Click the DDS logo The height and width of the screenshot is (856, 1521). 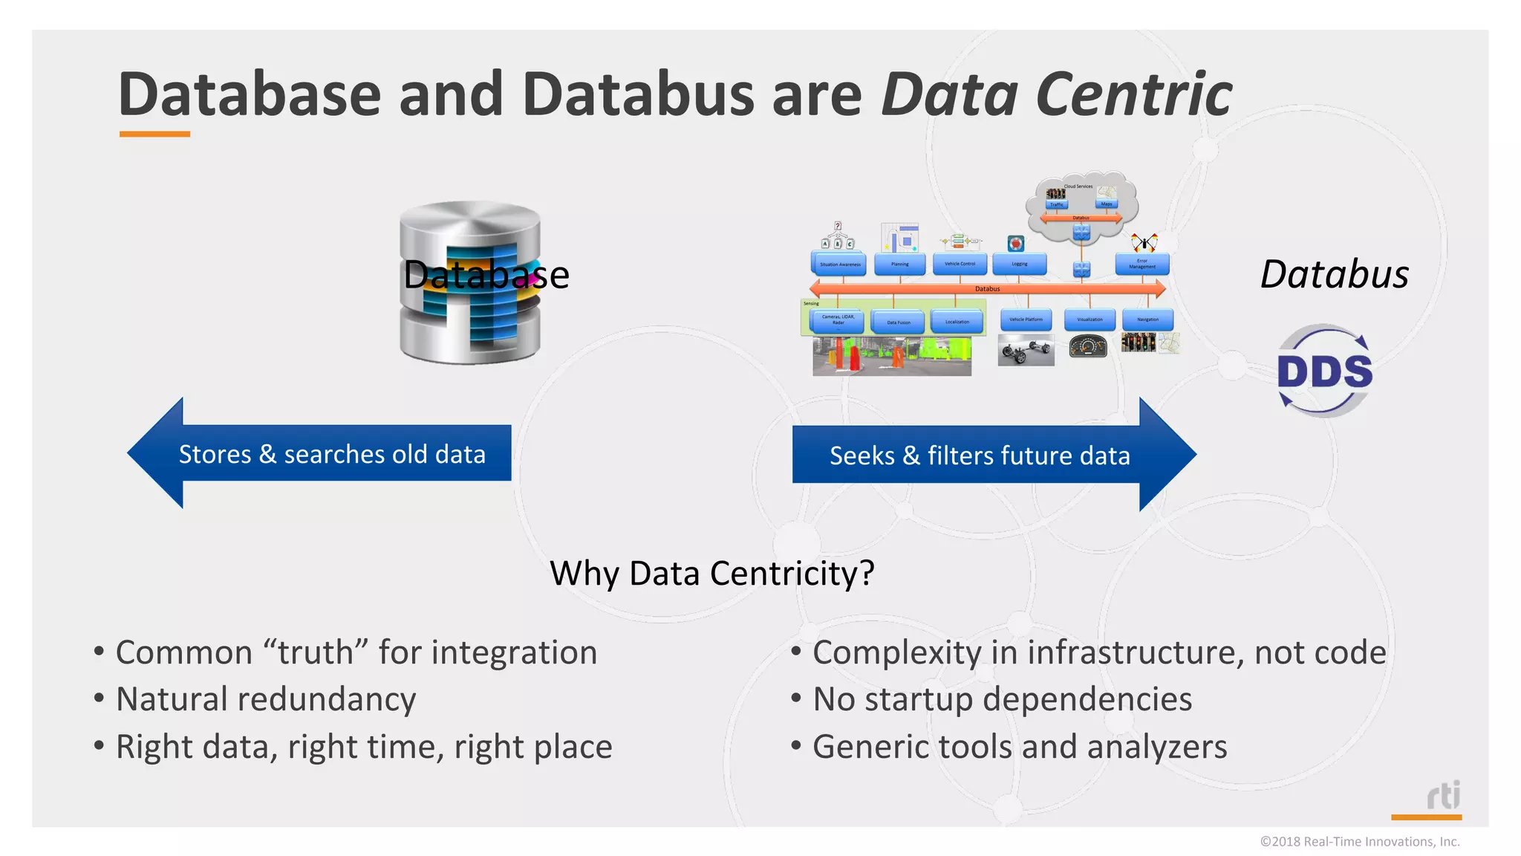[x=1325, y=371]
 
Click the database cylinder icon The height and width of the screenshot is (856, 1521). [x=469, y=282]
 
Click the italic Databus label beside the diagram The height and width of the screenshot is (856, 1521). [x=1335, y=274]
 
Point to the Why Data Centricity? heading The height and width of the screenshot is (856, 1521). [x=711, y=574]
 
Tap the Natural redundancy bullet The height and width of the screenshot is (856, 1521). [x=265, y=699]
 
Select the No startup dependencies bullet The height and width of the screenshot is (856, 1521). [x=1002, y=699]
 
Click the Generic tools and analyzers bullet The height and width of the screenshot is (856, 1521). [x=1019, y=747]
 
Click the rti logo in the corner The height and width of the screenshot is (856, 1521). [x=1442, y=796]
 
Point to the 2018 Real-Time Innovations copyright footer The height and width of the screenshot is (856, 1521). [x=1359, y=841]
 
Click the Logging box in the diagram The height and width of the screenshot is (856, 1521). [x=1020, y=264]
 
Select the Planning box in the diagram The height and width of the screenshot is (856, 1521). [x=899, y=264]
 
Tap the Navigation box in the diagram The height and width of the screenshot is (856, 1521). [x=1147, y=320]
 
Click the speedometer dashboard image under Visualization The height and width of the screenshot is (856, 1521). [x=1088, y=346]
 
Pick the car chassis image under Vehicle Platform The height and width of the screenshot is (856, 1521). [x=1026, y=350]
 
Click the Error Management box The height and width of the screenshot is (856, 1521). [x=1142, y=263]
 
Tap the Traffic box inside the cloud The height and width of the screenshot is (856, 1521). [x=1056, y=204]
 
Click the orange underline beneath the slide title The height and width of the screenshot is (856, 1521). [x=154, y=134]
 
